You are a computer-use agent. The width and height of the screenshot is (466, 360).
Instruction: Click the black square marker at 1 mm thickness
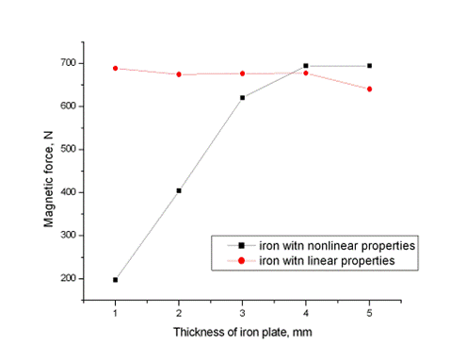116,280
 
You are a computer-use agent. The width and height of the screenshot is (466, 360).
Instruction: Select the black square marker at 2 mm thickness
179,190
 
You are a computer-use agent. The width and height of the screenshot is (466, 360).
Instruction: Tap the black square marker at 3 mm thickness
242,98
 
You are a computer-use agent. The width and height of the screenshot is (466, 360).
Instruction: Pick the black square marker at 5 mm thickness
369,66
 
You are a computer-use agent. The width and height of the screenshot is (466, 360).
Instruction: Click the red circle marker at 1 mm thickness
116,68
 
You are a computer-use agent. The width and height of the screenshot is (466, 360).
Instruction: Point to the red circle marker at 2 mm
179,74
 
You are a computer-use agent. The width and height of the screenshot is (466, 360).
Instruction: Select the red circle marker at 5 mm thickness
369,90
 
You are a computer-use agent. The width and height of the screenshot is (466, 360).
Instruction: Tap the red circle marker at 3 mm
242,74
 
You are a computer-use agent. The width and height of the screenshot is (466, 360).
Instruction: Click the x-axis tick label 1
116,309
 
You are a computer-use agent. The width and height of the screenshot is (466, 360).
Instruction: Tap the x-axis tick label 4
306,309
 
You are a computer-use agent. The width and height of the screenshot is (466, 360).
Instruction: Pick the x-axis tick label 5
369,309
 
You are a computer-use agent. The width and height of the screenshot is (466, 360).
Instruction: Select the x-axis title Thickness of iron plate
241,333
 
